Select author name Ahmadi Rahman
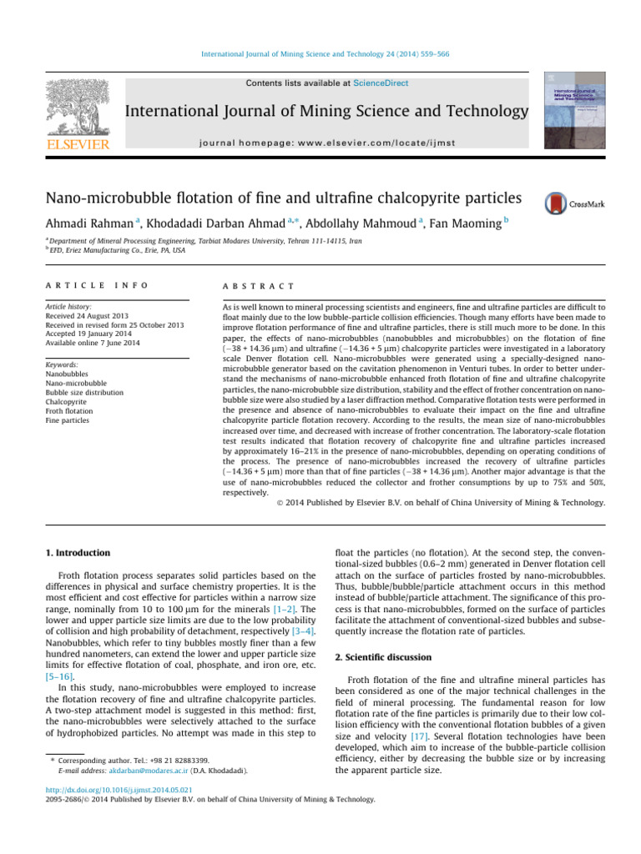pyautogui.click(x=80, y=224)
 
